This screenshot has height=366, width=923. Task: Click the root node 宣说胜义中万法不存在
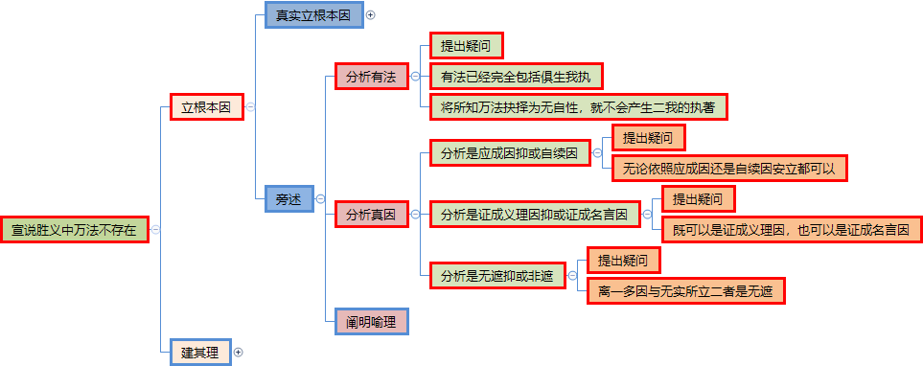coord(74,230)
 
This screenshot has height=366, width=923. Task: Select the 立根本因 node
coord(206,107)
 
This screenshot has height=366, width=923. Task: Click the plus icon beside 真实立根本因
coord(370,15)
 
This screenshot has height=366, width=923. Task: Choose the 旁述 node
coord(288,199)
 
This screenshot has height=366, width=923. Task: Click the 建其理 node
coord(200,352)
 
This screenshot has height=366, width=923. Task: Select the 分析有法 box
coord(372,76)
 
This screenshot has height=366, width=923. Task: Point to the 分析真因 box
coord(372,215)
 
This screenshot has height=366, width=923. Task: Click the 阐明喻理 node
coord(372,321)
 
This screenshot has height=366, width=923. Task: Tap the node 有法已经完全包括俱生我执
coord(517,76)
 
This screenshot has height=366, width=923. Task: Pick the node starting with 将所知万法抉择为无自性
coord(578,106)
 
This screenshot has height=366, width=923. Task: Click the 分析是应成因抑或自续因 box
coord(510,153)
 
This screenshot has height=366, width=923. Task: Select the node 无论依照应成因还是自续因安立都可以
coord(730,169)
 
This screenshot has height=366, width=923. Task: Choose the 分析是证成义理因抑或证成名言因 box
coord(535,215)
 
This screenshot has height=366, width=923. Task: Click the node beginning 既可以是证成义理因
coord(793,230)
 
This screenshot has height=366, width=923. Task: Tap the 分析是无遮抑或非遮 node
coord(497,275)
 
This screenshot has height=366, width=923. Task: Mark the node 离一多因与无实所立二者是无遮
coord(686,290)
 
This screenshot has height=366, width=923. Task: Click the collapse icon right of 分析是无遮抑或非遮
coord(572,275)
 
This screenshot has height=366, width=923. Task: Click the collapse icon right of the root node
coord(155,230)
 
